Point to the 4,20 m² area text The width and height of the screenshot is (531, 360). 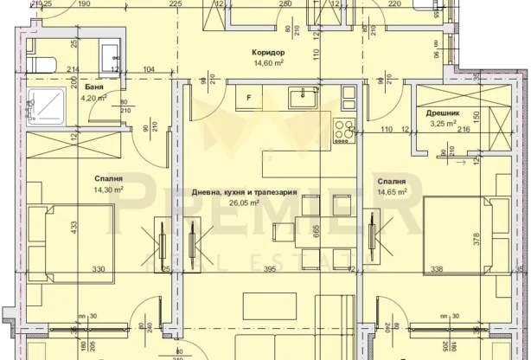click(93, 98)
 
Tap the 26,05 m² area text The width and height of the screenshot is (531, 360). click(245, 203)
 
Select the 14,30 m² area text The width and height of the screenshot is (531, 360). click(109, 190)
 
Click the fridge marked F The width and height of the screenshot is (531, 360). click(249, 98)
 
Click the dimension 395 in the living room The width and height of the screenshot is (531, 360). click(269, 270)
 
